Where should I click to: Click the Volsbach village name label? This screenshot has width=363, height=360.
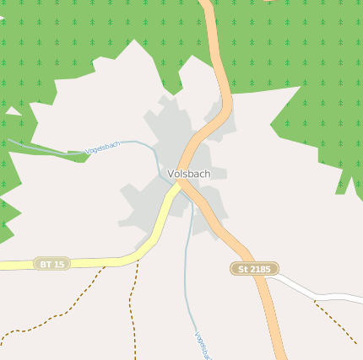(189, 174)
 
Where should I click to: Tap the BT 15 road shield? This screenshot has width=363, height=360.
(51, 264)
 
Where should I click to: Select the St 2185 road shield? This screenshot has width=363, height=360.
(254, 268)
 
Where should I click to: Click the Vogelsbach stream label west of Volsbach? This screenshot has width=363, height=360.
(103, 147)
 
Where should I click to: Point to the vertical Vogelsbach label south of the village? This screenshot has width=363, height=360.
(201, 345)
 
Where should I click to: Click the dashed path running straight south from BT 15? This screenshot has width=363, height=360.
(133, 312)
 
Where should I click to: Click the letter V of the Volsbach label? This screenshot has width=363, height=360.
(171, 174)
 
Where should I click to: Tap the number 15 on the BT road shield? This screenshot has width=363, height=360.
(58, 264)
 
